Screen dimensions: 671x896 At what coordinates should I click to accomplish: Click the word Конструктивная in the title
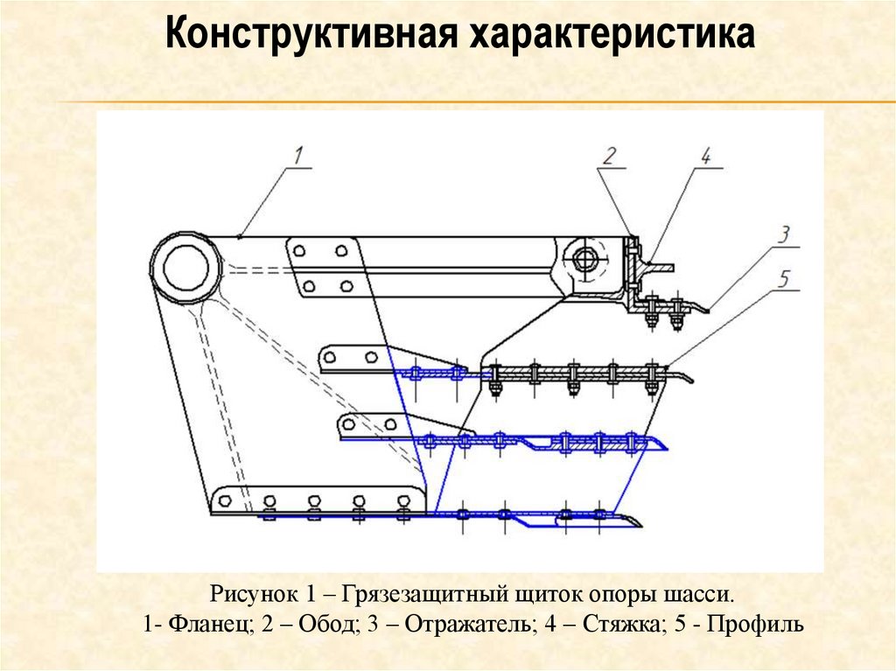click(310, 36)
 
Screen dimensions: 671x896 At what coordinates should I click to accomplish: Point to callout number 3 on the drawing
click(784, 234)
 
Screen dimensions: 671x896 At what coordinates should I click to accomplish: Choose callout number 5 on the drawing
click(784, 279)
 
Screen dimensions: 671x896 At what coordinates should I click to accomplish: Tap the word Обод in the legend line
click(326, 626)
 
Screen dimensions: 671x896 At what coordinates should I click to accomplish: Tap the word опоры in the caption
click(616, 596)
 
